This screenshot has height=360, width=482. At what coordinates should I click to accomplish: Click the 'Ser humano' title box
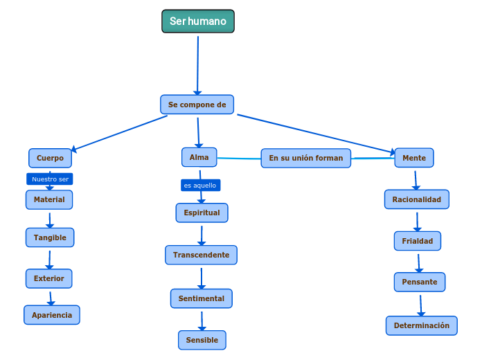coord(198,21)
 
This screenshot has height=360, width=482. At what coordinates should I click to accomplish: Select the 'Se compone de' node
coord(197,105)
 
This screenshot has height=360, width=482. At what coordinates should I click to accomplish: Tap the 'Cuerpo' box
coord(50,158)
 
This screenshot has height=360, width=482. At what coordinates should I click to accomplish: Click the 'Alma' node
coord(199,157)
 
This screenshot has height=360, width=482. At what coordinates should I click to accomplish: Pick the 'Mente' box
coord(414,158)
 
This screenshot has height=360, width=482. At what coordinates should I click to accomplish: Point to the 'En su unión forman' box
coord(305,158)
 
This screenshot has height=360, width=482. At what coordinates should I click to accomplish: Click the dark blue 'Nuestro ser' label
coord(50,179)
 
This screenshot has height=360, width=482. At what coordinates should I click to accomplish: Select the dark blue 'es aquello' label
coord(200,186)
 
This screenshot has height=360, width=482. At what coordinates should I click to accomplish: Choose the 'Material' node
coord(49,199)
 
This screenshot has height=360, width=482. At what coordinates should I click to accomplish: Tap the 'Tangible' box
coord(50,237)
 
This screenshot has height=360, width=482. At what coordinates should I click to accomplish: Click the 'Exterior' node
coord(48,278)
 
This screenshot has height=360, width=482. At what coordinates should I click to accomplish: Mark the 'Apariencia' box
coord(52,314)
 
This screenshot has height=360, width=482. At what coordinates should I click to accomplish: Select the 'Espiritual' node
coord(202,213)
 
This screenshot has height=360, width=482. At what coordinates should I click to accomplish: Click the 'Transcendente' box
coord(201,255)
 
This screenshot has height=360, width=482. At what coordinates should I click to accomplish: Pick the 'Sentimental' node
coord(201,298)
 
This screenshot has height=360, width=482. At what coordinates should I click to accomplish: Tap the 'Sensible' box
coord(202,340)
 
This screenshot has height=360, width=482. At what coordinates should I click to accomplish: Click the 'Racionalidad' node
coord(416,199)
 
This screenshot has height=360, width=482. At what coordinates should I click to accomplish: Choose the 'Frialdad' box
coord(417,241)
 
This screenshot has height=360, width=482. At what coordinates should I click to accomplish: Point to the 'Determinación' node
coord(421,325)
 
